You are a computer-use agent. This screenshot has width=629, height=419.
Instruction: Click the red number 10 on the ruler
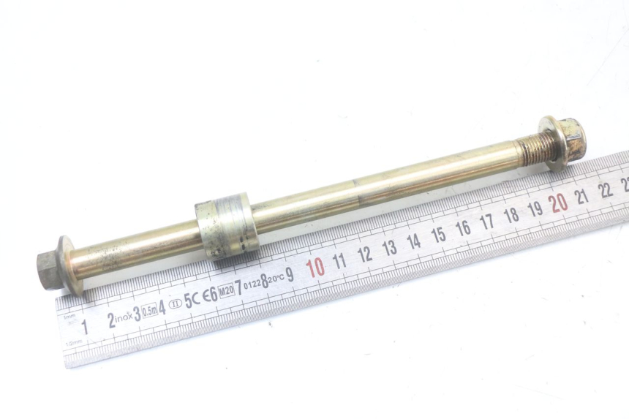click(x=315, y=268)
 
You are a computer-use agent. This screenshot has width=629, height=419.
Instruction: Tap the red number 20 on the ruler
click(x=559, y=203)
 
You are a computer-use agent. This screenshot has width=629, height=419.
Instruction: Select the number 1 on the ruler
click(x=84, y=327)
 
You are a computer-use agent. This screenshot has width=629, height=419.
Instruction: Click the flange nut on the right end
click(x=565, y=140)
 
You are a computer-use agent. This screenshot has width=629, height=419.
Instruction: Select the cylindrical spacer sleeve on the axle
click(x=226, y=226)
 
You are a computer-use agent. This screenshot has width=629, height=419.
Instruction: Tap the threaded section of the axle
click(x=531, y=152)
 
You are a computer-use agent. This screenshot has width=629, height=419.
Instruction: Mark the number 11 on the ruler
click(x=339, y=261)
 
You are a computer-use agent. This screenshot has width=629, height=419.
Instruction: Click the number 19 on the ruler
click(x=535, y=209)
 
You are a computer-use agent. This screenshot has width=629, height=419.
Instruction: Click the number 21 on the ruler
click(x=582, y=196)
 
